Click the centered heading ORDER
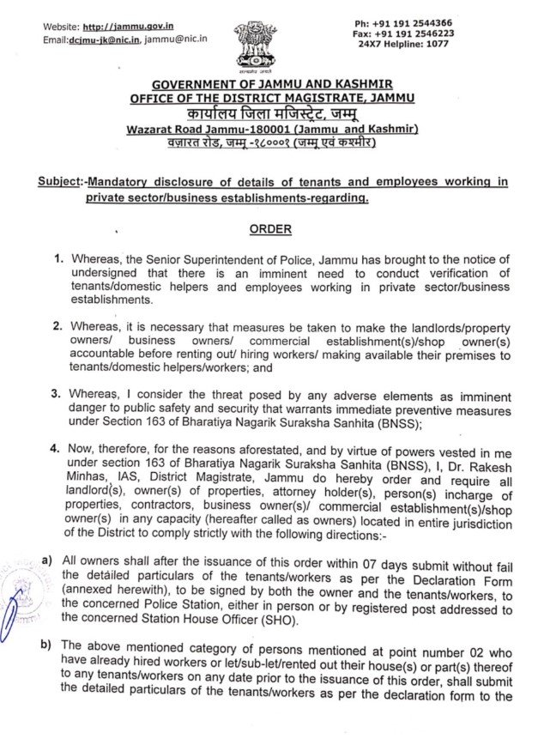(x=271, y=229)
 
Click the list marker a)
(x=48, y=560)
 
